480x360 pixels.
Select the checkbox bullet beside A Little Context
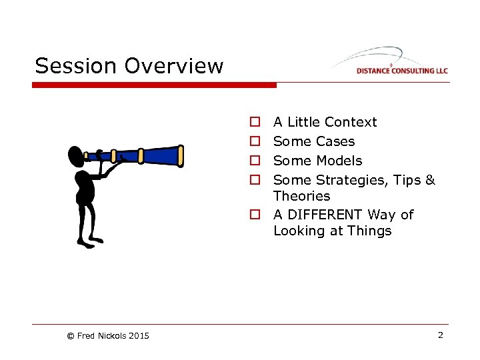tap(255, 123)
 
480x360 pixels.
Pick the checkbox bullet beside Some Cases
tap(255, 142)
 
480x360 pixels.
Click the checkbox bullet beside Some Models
tap(255, 161)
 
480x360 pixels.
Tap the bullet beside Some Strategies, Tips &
tap(255, 181)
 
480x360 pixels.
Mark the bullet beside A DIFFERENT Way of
tap(255, 215)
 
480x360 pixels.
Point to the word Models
tap(339, 161)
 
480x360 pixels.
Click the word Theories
tap(301, 196)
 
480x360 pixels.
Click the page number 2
tap(440, 335)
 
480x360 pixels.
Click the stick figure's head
tap(76, 157)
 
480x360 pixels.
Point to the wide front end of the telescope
tap(179, 155)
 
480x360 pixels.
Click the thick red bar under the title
tap(154, 85)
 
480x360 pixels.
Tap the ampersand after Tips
tap(430, 180)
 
